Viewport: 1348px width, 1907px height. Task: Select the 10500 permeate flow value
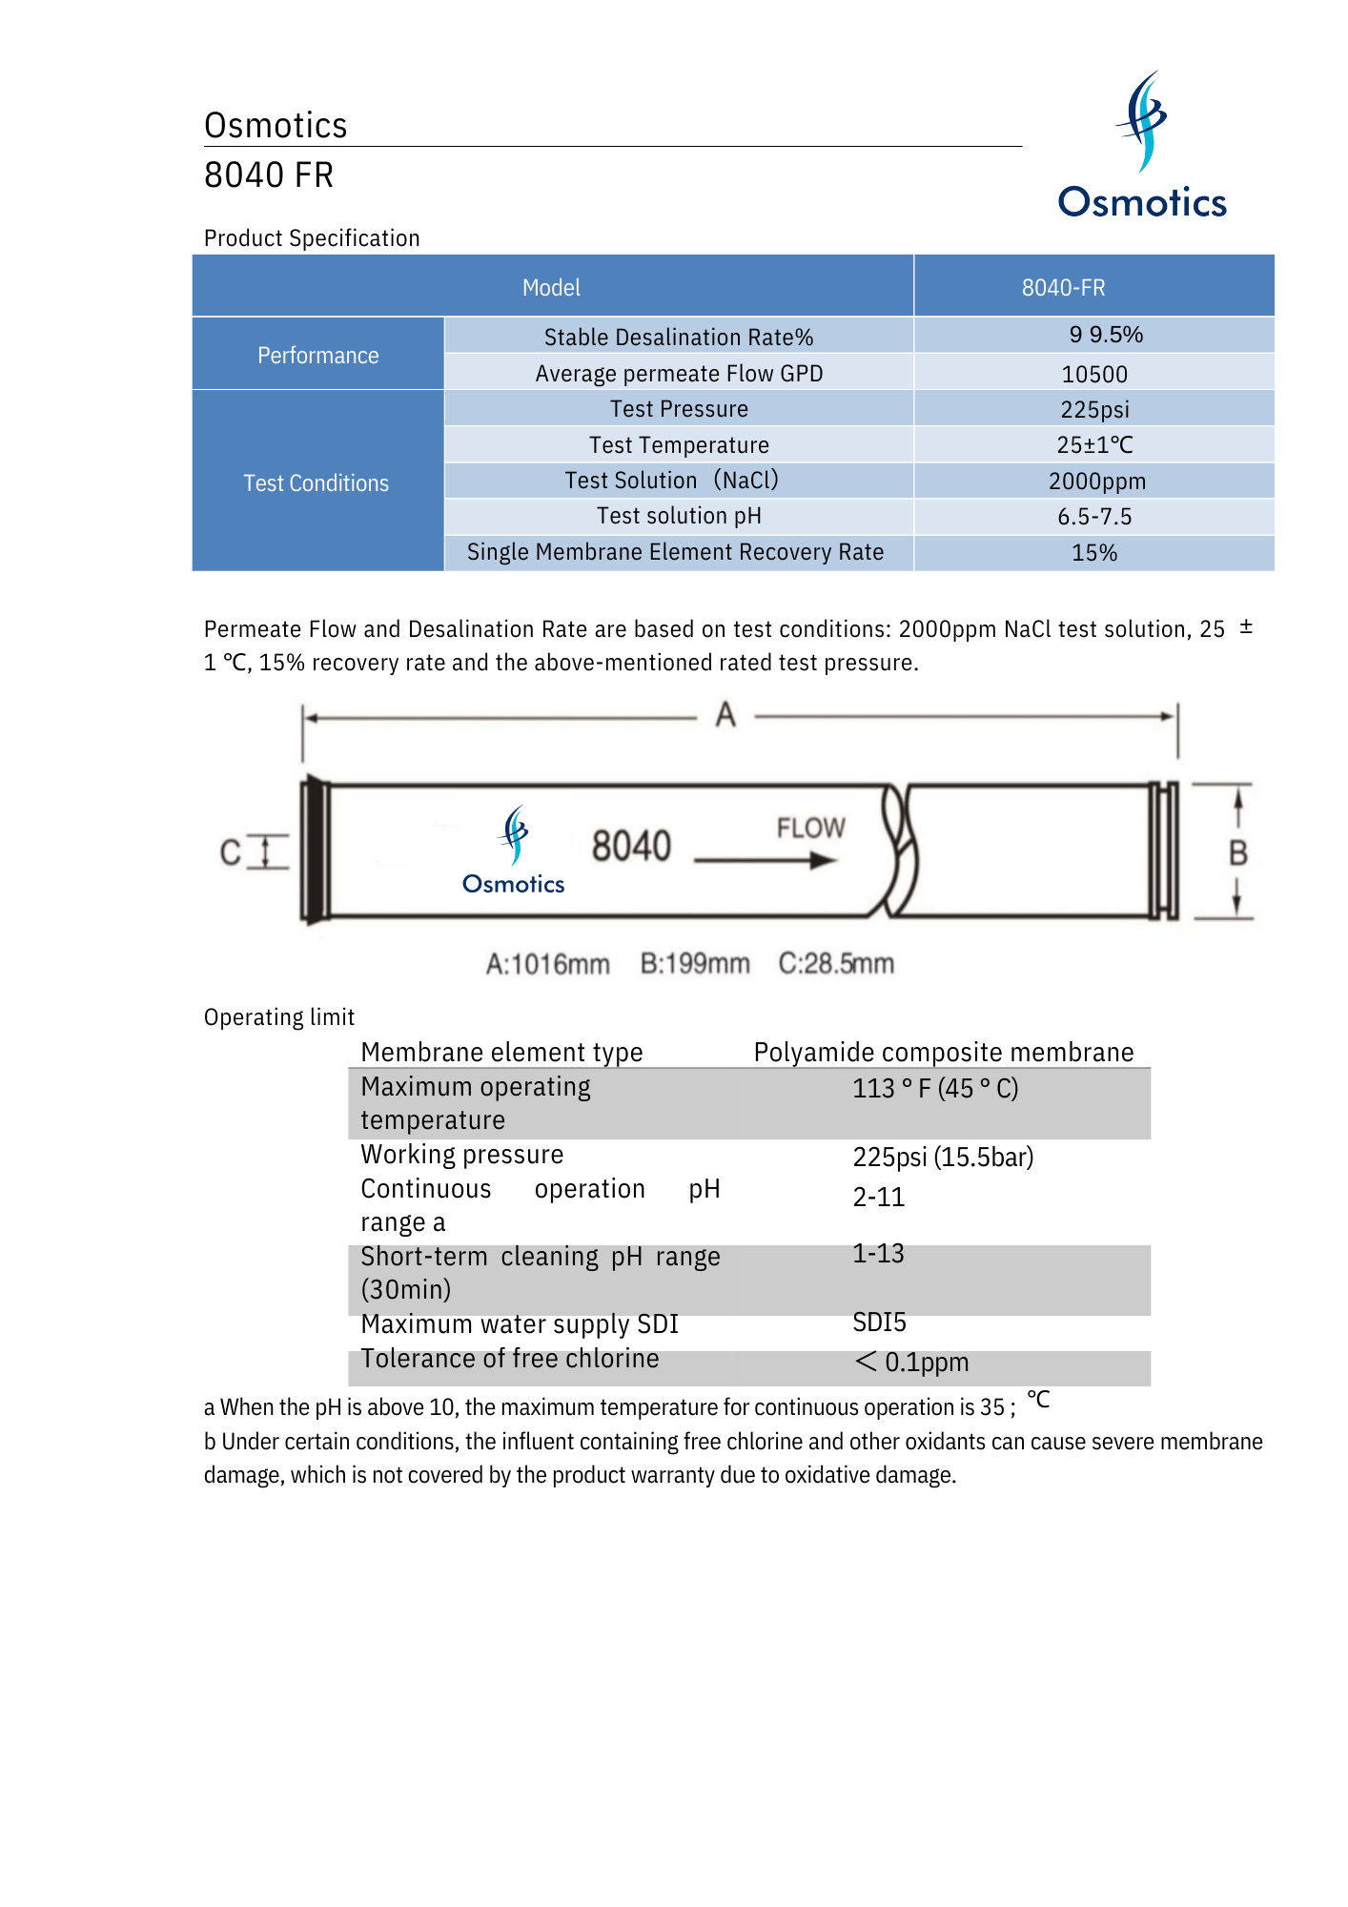click(1094, 374)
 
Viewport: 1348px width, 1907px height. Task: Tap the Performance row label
click(317, 355)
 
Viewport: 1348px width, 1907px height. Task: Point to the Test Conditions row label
click(316, 482)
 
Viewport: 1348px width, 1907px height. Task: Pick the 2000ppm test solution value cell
click(1096, 482)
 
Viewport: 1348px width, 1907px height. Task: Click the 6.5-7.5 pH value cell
click(1094, 517)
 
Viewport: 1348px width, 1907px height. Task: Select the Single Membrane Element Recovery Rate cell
click(675, 552)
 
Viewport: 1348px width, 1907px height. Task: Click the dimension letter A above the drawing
click(725, 715)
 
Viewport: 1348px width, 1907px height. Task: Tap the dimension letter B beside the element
click(1237, 852)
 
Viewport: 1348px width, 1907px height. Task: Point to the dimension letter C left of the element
click(230, 852)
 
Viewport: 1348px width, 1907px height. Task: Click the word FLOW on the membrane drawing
click(810, 828)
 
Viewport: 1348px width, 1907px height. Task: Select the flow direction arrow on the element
click(766, 860)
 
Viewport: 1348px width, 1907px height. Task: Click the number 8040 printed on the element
click(631, 846)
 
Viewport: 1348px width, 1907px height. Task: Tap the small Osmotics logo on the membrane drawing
click(514, 851)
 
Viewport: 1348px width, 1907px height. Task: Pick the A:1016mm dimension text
click(547, 964)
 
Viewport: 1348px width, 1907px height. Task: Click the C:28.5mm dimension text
click(836, 964)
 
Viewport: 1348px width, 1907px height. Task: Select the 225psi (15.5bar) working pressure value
click(943, 1157)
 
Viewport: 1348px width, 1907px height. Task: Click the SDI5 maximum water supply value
click(879, 1323)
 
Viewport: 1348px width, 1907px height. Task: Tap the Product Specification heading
click(312, 238)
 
